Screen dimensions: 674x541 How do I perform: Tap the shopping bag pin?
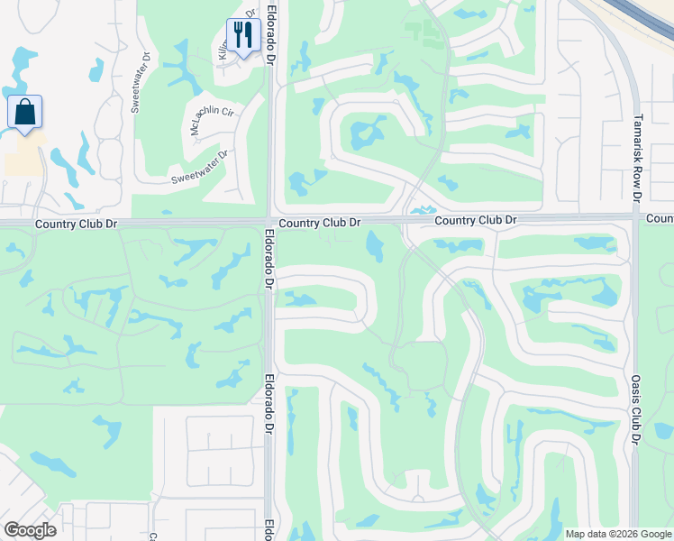coord(24,113)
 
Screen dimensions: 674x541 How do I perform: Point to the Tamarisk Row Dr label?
coord(635,157)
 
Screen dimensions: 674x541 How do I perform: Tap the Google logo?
coord(30,530)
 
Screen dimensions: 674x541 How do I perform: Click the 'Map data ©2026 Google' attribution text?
coord(618,534)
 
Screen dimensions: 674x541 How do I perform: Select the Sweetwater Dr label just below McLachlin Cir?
coord(200,168)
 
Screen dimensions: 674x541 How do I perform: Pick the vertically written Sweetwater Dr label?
coord(138,88)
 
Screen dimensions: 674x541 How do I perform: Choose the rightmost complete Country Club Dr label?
coord(475,220)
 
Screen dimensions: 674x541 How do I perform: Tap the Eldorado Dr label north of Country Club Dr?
coord(269,42)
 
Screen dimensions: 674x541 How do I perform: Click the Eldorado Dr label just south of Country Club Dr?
coord(269,258)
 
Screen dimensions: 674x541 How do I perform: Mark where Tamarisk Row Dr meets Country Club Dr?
coord(635,216)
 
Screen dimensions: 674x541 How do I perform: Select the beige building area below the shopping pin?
coord(23,160)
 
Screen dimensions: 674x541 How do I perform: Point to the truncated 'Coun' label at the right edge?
coord(660,218)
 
